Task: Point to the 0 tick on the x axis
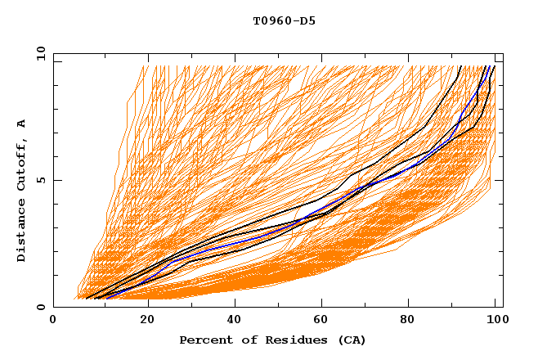[53, 320]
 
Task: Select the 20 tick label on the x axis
[148, 320]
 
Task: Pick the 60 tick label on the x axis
[325, 320]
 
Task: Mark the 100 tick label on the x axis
[496, 320]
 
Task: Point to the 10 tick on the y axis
[38, 53]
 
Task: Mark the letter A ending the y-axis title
[22, 124]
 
